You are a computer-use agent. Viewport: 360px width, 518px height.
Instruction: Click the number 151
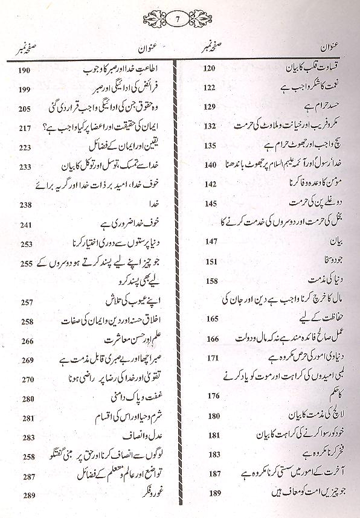click(x=209, y=261)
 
